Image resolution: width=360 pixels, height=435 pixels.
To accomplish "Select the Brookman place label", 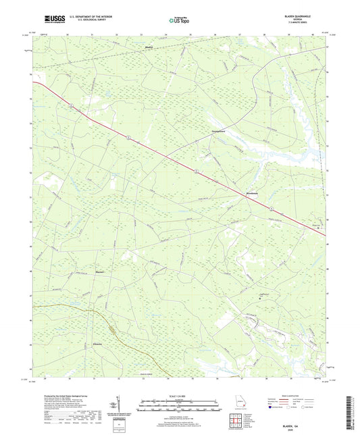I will (249, 195).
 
